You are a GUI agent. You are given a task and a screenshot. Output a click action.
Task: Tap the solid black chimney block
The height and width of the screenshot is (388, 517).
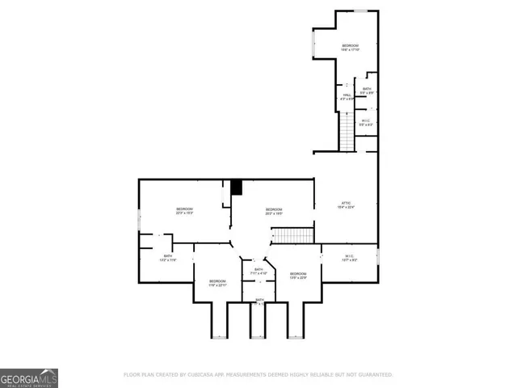point(237,188)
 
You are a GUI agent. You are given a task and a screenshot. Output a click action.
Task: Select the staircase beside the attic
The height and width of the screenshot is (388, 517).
point(292,235)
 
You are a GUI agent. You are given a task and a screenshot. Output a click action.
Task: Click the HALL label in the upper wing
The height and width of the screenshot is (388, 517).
point(347,96)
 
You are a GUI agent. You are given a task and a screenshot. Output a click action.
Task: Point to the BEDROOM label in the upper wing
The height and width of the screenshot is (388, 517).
point(350,47)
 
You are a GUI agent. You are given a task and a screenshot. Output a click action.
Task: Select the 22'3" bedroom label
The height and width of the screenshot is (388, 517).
point(184,211)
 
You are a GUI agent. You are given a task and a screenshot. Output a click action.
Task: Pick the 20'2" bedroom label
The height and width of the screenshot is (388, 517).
point(274,211)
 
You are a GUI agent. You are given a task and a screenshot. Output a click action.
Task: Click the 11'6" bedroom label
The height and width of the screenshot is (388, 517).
point(217,283)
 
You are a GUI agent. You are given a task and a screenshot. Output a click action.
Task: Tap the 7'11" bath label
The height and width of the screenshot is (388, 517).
point(258,271)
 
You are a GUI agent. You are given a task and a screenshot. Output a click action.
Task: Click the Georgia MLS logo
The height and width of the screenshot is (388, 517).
point(29,377)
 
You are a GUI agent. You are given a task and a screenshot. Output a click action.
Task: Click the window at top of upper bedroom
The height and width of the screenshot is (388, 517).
point(361,11)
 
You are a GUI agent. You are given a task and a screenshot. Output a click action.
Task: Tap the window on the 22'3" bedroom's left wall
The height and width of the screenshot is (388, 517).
point(139,219)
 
